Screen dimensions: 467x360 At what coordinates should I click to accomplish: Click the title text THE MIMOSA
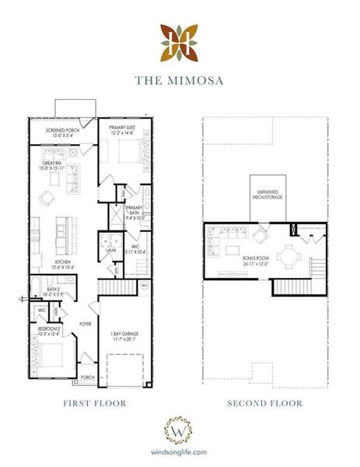[x=180, y=79]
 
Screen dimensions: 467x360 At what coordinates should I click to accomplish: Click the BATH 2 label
[x=43, y=291]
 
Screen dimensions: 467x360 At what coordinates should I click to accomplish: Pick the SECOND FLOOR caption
[x=264, y=403]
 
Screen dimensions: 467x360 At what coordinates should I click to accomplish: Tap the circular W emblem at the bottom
[x=180, y=430]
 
